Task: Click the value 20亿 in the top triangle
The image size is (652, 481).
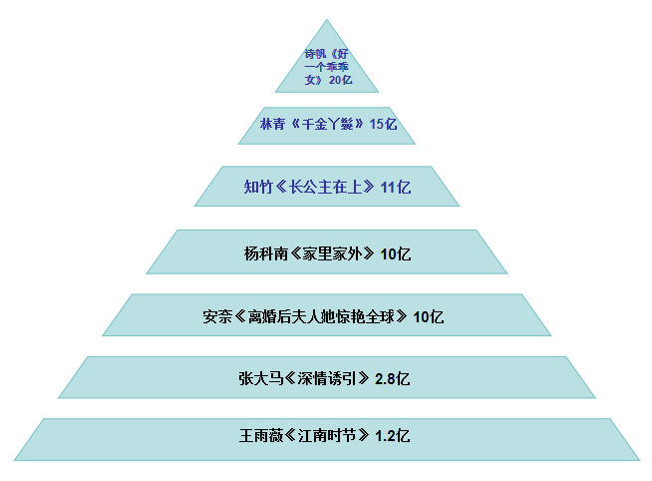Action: (341, 80)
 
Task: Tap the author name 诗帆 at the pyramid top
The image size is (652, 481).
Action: (315, 54)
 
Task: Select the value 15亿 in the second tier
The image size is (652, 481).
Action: (383, 124)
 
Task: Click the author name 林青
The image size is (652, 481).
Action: (273, 124)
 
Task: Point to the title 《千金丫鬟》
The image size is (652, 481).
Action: (327, 124)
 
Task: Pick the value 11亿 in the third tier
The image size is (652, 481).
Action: (396, 187)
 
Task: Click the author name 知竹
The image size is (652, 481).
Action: (258, 187)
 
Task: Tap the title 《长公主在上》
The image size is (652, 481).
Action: (326, 187)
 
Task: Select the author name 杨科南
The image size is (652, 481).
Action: (266, 253)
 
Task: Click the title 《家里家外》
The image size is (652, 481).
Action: (333, 253)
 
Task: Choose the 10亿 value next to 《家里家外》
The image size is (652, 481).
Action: (396, 253)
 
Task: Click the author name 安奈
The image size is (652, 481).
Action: (217, 316)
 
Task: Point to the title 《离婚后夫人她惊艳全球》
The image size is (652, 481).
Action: (321, 316)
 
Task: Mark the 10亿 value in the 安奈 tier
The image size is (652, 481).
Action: (429, 316)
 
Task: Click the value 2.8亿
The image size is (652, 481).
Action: (392, 378)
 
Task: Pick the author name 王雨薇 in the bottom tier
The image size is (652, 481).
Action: (261, 436)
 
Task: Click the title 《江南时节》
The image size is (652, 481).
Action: (328, 436)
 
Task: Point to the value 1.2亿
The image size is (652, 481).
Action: (392, 436)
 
